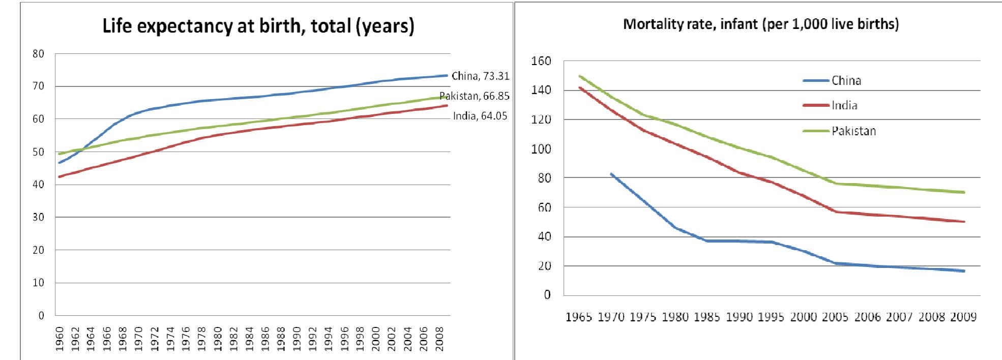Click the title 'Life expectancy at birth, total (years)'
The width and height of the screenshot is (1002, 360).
point(258,26)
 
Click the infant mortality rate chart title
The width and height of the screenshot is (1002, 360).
point(760,25)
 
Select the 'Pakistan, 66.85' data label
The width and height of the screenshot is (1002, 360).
point(474,96)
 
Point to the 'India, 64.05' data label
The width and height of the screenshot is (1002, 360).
point(480,116)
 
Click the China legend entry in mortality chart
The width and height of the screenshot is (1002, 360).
point(846,80)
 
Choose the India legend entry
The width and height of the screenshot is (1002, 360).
point(844,105)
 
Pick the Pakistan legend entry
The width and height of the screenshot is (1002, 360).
point(853,131)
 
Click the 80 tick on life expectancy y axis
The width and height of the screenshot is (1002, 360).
point(39,53)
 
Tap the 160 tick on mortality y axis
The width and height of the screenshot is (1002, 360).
point(541,62)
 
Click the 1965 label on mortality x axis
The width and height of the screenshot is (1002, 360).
point(579,317)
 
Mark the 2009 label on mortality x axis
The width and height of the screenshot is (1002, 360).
point(963,317)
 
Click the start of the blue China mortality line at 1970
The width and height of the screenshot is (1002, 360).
point(611,174)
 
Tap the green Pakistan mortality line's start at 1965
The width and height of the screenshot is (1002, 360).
point(579,76)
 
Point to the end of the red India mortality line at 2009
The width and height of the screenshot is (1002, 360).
point(963,222)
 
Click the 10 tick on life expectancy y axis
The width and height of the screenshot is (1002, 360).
point(39,283)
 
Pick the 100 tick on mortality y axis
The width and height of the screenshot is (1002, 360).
point(541,149)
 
